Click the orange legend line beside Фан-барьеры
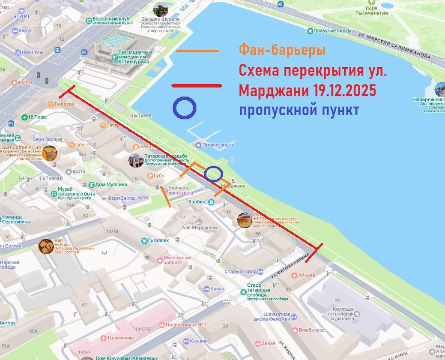[x=197, y=51]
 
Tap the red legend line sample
[x=197, y=86]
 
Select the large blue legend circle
[x=185, y=108]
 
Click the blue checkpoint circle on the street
[x=213, y=174]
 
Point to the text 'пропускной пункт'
[x=299, y=110]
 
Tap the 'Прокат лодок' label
[x=218, y=145]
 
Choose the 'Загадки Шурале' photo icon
[x=161, y=9]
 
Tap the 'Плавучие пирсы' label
[x=332, y=31]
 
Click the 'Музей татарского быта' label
[x=77, y=192]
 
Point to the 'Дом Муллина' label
[x=111, y=185]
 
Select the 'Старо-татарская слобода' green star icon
[x=243, y=292]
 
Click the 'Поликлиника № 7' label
[x=187, y=324]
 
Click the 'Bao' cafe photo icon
[x=46, y=246]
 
